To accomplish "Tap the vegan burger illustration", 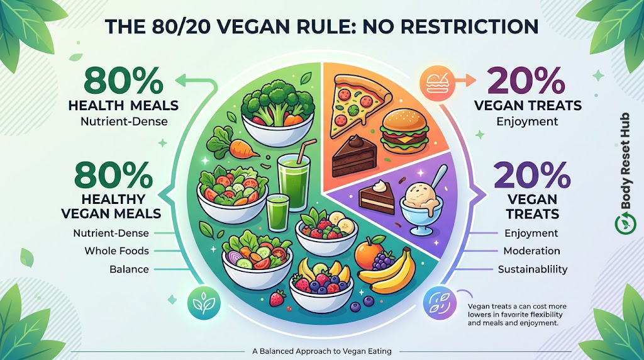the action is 405,131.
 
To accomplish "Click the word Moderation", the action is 531,250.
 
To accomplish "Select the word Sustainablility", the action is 533,269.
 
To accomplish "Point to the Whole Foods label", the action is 116,250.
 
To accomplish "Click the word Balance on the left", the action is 129,269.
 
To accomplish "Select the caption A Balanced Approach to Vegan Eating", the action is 322,351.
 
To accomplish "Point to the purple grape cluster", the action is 383,261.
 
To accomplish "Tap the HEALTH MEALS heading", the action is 123,106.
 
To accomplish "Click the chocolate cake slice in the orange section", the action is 353,156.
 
